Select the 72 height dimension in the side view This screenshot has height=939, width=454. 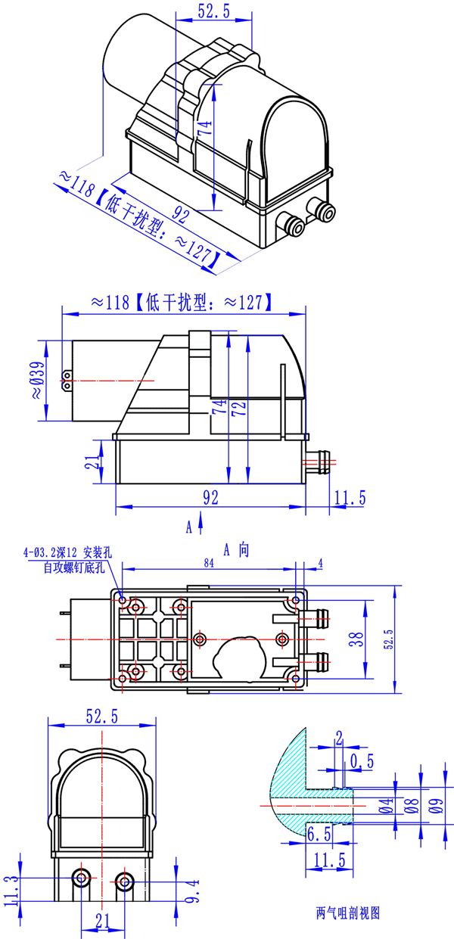tap(239, 409)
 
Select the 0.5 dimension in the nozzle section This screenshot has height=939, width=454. tap(362, 761)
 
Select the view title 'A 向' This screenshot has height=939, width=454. tap(235, 550)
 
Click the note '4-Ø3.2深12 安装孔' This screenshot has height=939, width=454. tap(67, 552)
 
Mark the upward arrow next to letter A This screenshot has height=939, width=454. tap(200, 521)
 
